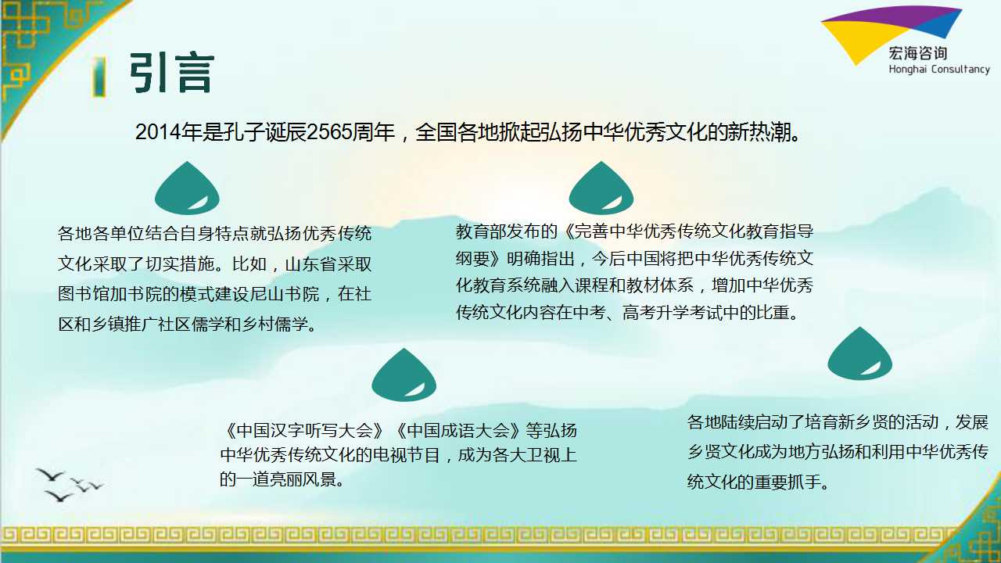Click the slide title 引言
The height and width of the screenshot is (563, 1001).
pyautogui.click(x=172, y=73)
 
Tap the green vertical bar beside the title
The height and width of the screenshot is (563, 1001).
pyautogui.click(x=99, y=77)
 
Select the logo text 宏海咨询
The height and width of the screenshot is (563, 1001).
pyautogui.click(x=918, y=54)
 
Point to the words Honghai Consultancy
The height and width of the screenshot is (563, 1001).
pyautogui.click(x=939, y=70)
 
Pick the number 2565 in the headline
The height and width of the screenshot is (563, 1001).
pyautogui.click(x=328, y=132)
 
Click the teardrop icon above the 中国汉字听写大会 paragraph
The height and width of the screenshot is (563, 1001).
pyautogui.click(x=404, y=375)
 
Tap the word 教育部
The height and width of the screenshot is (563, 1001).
pyautogui.click(x=481, y=231)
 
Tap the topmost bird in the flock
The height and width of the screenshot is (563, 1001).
pyautogui.click(x=51, y=475)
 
